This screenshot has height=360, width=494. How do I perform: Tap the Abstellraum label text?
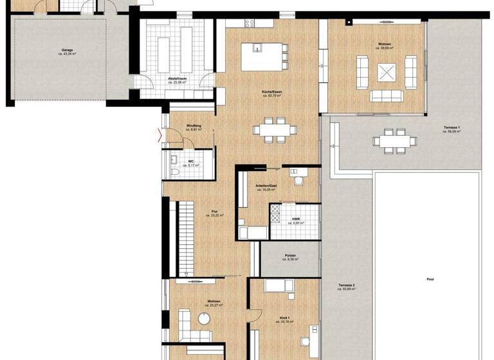[177, 80]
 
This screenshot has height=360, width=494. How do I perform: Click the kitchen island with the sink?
[263, 57]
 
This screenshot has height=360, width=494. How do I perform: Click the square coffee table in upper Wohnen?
[387, 73]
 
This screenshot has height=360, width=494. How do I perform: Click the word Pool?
[430, 280]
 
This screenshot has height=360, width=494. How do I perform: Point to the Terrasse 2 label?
[346, 287]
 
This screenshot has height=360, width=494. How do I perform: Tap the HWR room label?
[295, 221]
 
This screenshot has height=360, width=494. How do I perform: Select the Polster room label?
[289, 258]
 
